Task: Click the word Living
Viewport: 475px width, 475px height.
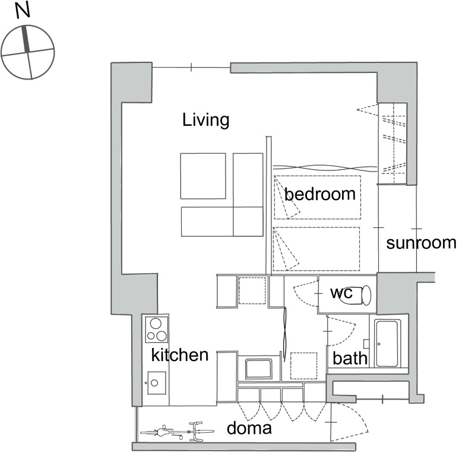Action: click(205, 120)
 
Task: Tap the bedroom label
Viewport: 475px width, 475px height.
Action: click(320, 194)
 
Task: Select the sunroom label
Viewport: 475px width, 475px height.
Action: click(421, 243)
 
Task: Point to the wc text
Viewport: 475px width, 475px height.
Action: click(341, 293)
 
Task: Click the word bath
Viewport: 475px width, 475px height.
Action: click(350, 358)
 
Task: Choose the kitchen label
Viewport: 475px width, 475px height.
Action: click(180, 354)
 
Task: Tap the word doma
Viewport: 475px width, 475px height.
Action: click(249, 428)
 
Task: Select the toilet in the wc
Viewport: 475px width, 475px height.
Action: click(357, 295)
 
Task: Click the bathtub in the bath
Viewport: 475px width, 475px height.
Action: click(387, 344)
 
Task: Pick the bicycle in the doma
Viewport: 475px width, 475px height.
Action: click(177, 432)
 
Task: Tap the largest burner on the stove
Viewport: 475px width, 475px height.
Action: click(156, 324)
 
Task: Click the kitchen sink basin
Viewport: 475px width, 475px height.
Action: click(157, 383)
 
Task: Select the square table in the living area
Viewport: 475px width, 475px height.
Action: click(203, 176)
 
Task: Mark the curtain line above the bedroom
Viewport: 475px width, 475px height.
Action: click(325, 168)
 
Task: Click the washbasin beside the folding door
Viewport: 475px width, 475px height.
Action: click(258, 369)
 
